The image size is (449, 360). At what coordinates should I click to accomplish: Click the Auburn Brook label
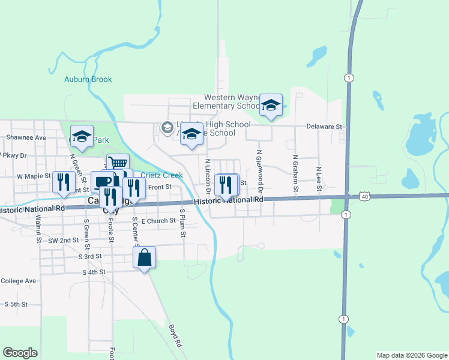88,79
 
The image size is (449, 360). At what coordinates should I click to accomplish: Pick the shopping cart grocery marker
118,163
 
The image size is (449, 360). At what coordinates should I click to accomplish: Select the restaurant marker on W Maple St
62,182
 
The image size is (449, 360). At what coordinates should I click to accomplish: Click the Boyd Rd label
175,336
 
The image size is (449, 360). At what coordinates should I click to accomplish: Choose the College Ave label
19,281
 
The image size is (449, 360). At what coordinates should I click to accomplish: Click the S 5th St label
16,304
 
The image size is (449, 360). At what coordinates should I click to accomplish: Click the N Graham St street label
295,174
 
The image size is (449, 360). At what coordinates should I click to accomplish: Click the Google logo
20,353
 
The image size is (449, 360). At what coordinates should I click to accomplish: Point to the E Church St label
158,221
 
